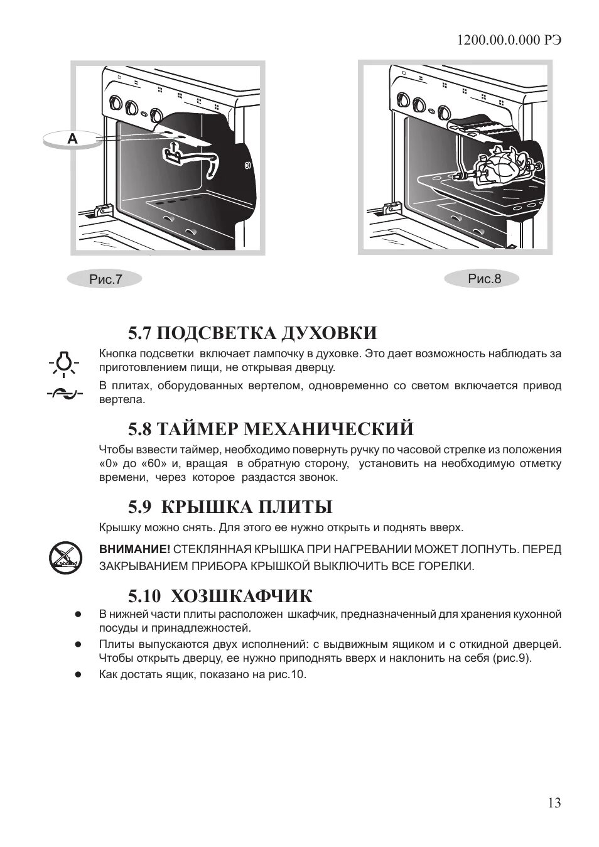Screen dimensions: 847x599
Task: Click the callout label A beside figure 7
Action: [x=73, y=139]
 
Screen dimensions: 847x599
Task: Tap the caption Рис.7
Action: [x=105, y=279]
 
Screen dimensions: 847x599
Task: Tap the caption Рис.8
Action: [x=484, y=278]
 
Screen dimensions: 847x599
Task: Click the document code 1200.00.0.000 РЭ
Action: [x=509, y=40]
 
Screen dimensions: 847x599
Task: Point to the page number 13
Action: [x=554, y=802]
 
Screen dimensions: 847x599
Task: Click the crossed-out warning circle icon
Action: [x=64, y=558]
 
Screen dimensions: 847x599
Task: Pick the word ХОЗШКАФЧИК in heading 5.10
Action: [x=242, y=595]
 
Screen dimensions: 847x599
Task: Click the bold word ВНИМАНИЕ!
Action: [x=134, y=549]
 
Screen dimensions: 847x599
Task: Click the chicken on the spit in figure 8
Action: [x=502, y=165]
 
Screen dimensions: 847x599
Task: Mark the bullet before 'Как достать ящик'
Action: [x=78, y=675]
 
